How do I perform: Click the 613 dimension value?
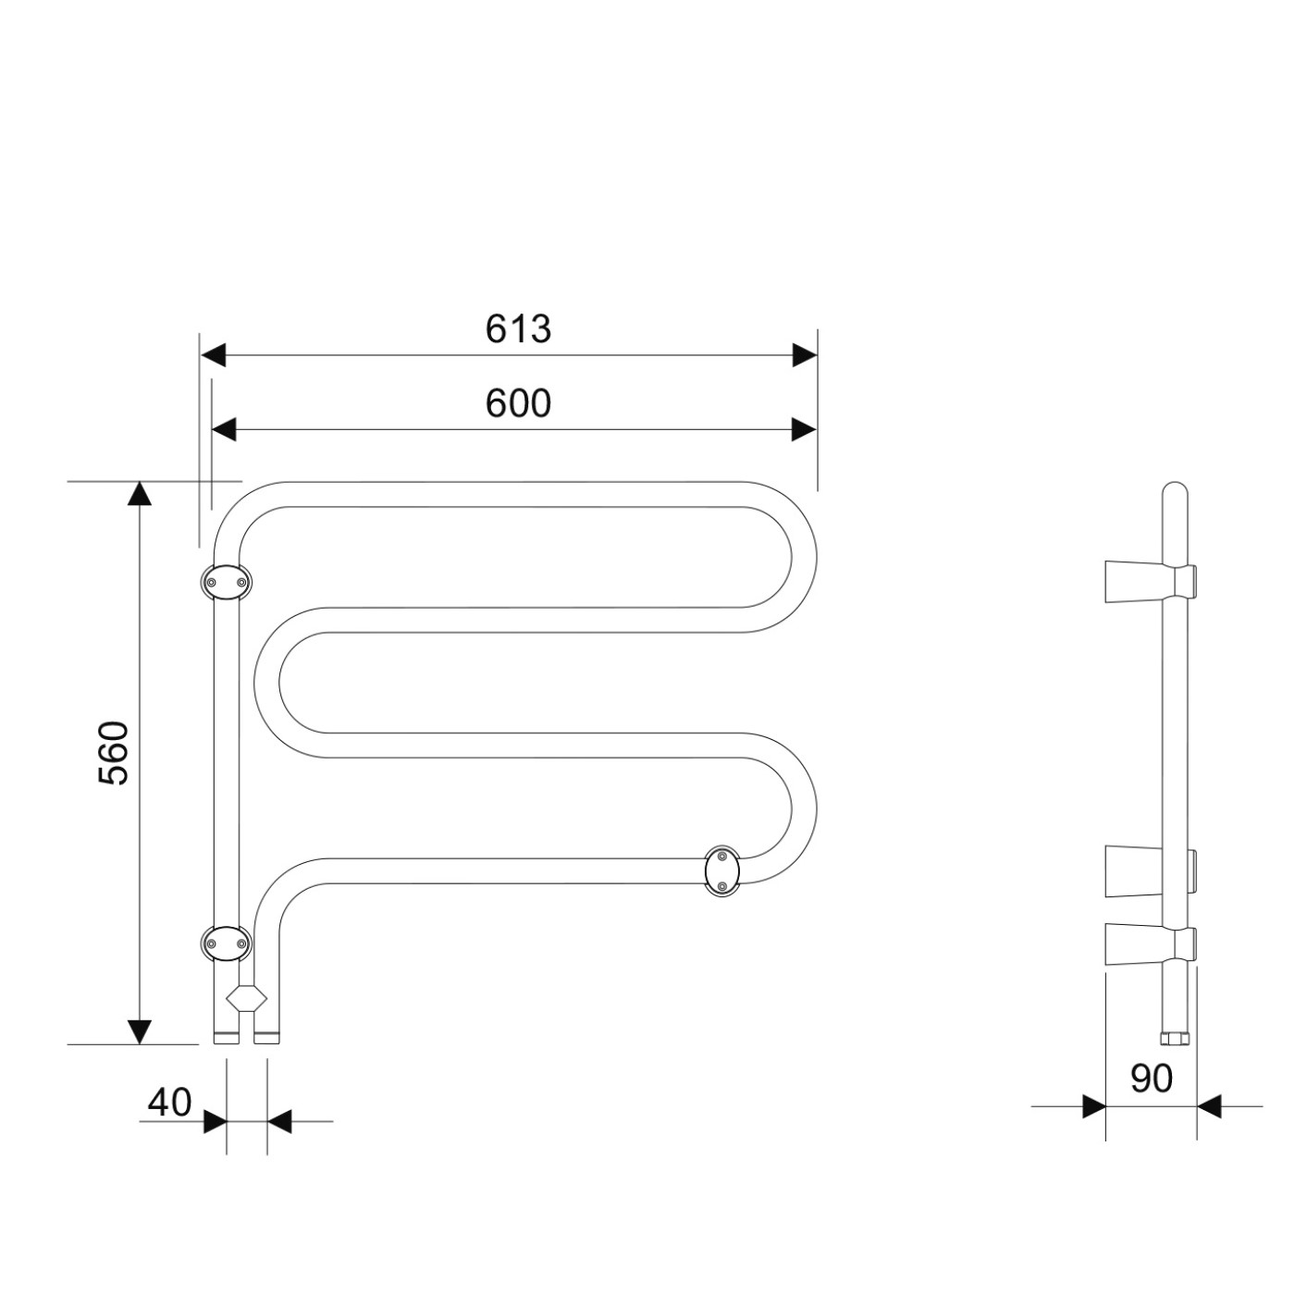(518, 329)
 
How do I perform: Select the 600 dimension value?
(518, 403)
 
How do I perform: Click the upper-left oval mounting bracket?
(227, 583)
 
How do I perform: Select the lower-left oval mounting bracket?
(227, 943)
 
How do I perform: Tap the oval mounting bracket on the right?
(721, 871)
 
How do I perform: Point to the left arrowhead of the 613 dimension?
(213, 355)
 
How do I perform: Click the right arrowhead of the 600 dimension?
(805, 429)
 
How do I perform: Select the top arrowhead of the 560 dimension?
(139, 493)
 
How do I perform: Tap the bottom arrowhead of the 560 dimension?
(139, 1031)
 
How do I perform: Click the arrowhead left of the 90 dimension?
(1094, 1106)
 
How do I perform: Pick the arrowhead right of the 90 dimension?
(1208, 1106)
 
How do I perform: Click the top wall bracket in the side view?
(1150, 581)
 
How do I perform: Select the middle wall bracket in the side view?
(1150, 871)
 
